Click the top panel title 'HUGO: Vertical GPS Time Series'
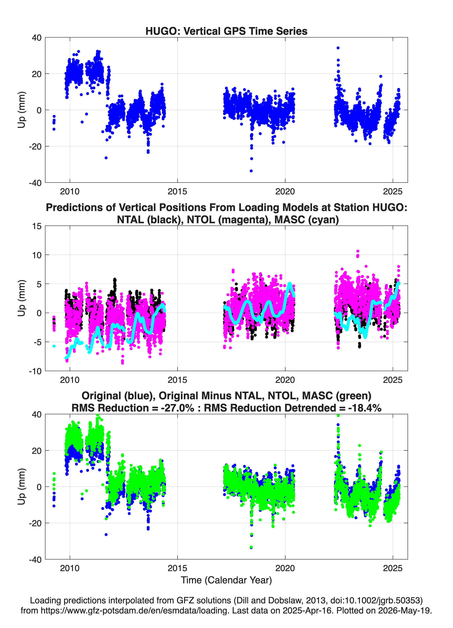(226, 31)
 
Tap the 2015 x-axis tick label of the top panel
(177, 191)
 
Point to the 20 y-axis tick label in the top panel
(37, 74)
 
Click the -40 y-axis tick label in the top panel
(35, 183)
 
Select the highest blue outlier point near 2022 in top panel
(338, 48)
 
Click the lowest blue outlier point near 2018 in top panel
(251, 171)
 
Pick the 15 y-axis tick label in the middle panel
(37, 226)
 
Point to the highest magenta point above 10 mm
(358, 251)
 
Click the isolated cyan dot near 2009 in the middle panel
(54, 346)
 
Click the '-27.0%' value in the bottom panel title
(177, 408)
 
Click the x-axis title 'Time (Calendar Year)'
(226, 580)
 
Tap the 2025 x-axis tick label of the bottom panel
(393, 568)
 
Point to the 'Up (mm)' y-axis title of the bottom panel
(22, 486)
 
